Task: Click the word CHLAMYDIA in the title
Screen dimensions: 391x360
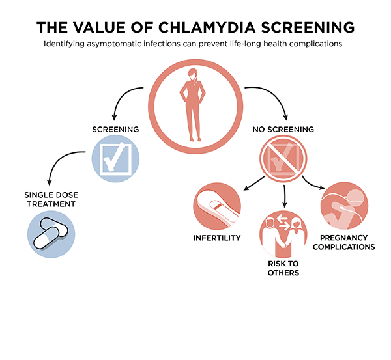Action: pyautogui.click(x=207, y=27)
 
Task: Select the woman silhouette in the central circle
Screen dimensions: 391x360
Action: pyautogui.click(x=192, y=105)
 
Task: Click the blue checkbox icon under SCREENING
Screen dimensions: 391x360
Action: pyautogui.click(x=115, y=159)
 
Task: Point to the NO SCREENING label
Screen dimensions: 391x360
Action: pyautogui.click(x=283, y=130)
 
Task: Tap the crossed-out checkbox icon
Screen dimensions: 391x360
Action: pyautogui.click(x=283, y=159)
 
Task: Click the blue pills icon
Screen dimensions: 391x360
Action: pyautogui.click(x=51, y=234)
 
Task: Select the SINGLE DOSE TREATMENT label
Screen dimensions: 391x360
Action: pyautogui.click(x=51, y=199)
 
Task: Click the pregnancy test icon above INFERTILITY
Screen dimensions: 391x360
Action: pyautogui.click(x=217, y=206)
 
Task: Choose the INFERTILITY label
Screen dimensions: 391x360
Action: pyautogui.click(x=217, y=238)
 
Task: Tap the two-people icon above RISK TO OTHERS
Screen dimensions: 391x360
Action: pyautogui.click(x=283, y=234)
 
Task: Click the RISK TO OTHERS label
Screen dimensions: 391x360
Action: pyautogui.click(x=283, y=268)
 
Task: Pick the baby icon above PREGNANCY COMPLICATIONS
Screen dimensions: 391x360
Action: pyautogui.click(x=344, y=206)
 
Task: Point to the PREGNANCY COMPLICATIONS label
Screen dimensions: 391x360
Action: pyautogui.click(x=344, y=242)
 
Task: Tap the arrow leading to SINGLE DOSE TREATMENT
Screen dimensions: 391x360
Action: pyautogui.click(x=58, y=160)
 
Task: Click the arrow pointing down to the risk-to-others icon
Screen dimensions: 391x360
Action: pyautogui.click(x=284, y=196)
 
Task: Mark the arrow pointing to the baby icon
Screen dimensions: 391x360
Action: pyautogui.click(x=312, y=184)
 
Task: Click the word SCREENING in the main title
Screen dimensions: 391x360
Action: pyautogui.click(x=308, y=27)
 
